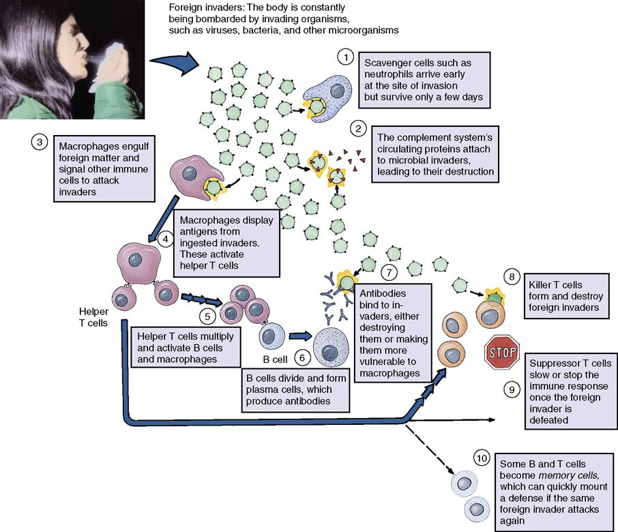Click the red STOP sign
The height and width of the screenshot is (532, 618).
(x=502, y=352)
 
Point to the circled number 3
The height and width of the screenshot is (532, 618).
(x=40, y=143)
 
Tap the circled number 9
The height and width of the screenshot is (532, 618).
(x=512, y=389)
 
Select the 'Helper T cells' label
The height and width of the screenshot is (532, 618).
(x=93, y=316)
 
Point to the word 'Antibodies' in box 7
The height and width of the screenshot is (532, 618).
(x=382, y=293)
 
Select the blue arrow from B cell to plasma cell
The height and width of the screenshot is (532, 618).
(x=297, y=336)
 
